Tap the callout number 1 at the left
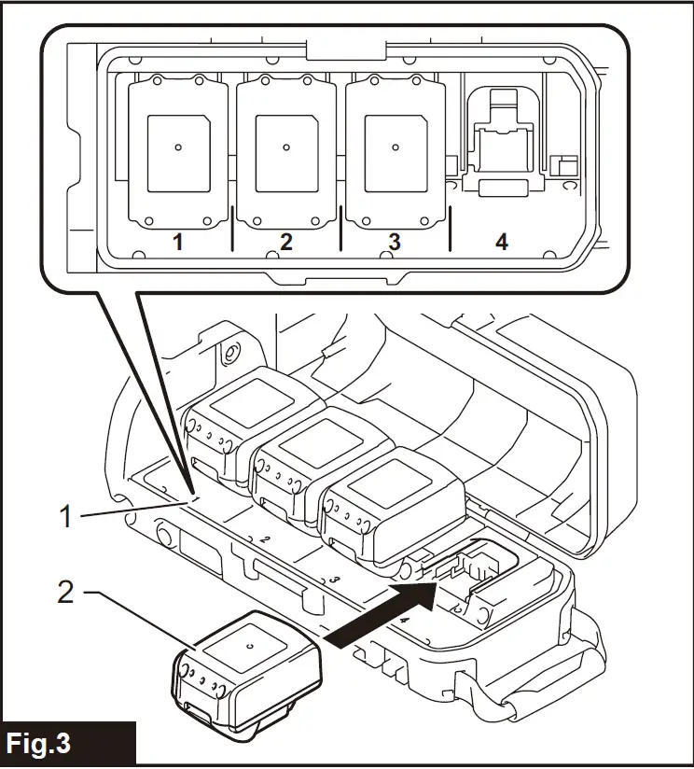pos(66,516)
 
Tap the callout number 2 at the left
pos(65,592)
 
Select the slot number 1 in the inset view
pos(176,242)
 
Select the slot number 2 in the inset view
pos(285,242)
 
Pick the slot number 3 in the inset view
pos(395,242)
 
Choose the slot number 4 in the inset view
pos(502,242)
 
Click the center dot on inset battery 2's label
pos(286,147)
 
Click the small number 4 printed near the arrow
pos(404,619)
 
